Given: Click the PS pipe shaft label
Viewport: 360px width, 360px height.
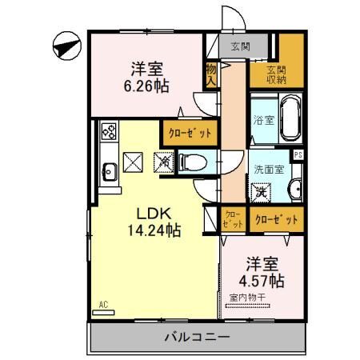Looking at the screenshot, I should [298, 155].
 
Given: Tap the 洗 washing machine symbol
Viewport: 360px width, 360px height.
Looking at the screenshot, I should [261, 192].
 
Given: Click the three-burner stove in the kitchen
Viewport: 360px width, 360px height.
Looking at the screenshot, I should [109, 132].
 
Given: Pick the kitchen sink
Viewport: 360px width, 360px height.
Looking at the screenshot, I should [109, 169].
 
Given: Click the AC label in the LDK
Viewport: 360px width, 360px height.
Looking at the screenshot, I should [104, 304].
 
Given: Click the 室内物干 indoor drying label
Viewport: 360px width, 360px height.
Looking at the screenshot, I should [251, 298].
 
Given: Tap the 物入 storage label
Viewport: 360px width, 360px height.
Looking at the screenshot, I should [211, 74].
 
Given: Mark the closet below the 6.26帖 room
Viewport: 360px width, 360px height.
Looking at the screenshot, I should [188, 134].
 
